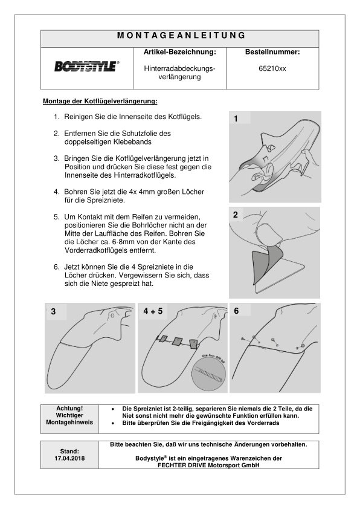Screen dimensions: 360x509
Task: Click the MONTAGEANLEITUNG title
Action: pyautogui.click(x=181, y=36)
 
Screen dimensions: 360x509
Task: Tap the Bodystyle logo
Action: pyautogui.click(x=86, y=66)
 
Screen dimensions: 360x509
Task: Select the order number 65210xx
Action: pyautogui.click(x=272, y=69)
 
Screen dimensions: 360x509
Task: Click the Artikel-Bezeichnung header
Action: pyautogui.click(x=179, y=52)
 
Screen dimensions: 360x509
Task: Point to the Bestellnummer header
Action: pyautogui.click(x=272, y=52)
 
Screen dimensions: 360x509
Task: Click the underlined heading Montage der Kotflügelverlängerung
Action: pyautogui.click(x=100, y=102)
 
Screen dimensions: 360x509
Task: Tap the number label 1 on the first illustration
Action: pyautogui.click(x=236, y=119)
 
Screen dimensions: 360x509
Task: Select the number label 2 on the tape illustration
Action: pyautogui.click(x=236, y=215)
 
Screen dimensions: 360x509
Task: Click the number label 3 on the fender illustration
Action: pyautogui.click(x=53, y=312)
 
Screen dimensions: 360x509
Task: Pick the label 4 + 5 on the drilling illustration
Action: pyautogui.click(x=153, y=311)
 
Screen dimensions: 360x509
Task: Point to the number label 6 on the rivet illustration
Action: pyautogui.click(x=236, y=311)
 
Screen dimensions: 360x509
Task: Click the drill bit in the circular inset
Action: pyautogui.click(x=208, y=374)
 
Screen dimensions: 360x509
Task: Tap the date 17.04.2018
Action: pyautogui.click(x=69, y=458)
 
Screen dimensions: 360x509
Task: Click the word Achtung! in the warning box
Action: pyautogui.click(x=69, y=409)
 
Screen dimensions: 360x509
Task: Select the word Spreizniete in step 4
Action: pyautogui.click(x=106, y=200)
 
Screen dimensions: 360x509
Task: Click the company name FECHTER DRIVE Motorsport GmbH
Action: pyautogui.click(x=209, y=465)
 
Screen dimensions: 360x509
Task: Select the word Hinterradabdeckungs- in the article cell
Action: pyautogui.click(x=179, y=69)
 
